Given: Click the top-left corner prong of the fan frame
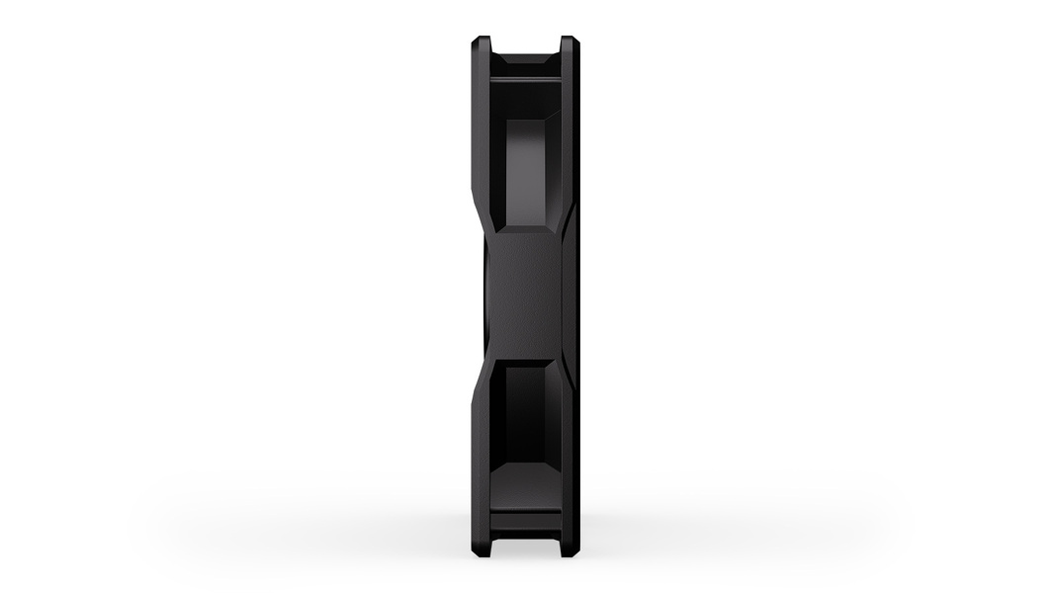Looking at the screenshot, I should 482,44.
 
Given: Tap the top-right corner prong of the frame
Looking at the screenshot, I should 569,44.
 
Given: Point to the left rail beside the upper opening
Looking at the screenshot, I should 481,138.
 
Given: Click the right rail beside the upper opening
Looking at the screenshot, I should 571,138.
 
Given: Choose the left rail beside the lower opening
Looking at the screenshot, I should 481,445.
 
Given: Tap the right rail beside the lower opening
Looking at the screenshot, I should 571,445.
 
